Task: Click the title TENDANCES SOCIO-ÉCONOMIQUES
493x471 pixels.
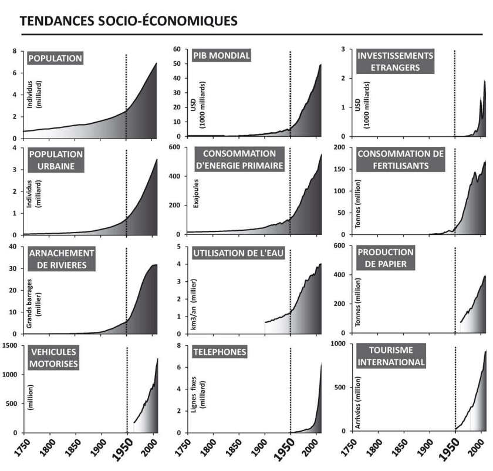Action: (129, 21)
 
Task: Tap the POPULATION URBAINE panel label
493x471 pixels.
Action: (56, 160)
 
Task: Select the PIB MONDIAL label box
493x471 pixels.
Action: (222, 56)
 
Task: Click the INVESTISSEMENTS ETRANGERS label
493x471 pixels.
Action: (395, 61)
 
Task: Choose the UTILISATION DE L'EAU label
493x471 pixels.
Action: (237, 253)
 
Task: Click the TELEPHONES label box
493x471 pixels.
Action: (220, 352)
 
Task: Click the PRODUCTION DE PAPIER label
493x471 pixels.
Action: (386, 258)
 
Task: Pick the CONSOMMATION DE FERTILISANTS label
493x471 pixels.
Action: (401, 160)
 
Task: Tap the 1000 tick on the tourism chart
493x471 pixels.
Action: (339, 344)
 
